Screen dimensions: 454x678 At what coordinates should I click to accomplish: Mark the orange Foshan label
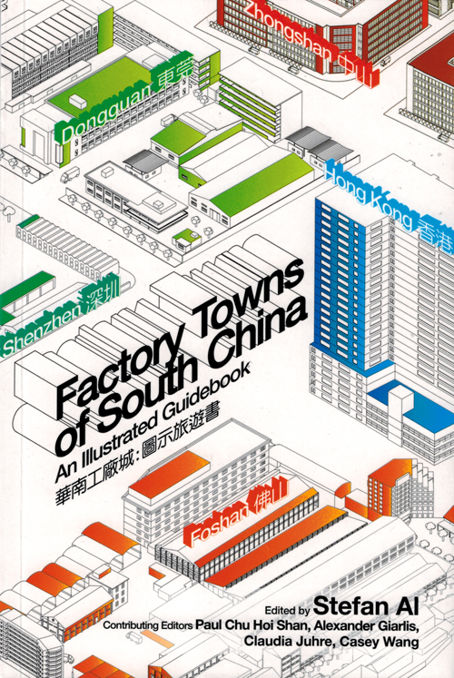pos(216,526)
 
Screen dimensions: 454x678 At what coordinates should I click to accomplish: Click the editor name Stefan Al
pos(366,605)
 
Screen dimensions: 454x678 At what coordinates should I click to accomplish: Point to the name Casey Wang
pos(380,642)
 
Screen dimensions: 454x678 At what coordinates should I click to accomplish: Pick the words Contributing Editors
pos(147,625)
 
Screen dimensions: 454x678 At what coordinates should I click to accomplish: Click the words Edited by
pos(288,610)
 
